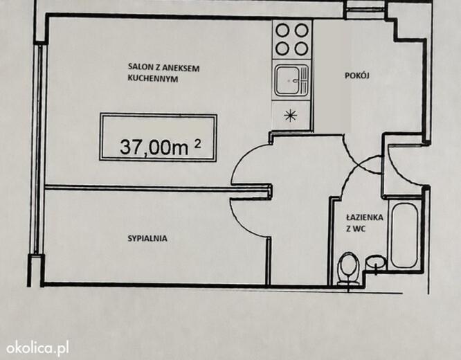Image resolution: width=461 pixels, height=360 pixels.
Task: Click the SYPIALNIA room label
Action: click(147, 238)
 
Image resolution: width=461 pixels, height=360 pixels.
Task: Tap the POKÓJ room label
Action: click(357, 75)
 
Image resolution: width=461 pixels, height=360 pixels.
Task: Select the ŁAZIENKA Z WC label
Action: click(365, 223)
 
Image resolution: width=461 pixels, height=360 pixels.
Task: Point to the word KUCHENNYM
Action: click(153, 78)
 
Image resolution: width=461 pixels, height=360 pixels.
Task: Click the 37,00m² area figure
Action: click(161, 146)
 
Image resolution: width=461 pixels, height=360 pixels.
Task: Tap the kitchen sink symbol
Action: click(291, 80)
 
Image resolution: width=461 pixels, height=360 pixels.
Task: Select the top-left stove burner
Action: click(282, 30)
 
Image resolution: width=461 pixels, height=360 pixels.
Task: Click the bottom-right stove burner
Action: click(301, 49)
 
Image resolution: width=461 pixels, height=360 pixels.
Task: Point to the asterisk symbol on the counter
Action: click(291, 116)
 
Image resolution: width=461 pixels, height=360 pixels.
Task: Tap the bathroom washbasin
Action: click(376, 262)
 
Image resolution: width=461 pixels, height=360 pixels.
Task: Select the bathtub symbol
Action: click(404, 235)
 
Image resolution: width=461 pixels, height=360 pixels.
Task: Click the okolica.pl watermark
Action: click(38, 348)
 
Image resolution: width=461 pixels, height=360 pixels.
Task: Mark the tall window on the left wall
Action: click(37, 150)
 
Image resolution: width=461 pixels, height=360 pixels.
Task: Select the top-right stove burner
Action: click(301, 30)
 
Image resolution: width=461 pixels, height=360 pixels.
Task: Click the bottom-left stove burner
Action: click(282, 49)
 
